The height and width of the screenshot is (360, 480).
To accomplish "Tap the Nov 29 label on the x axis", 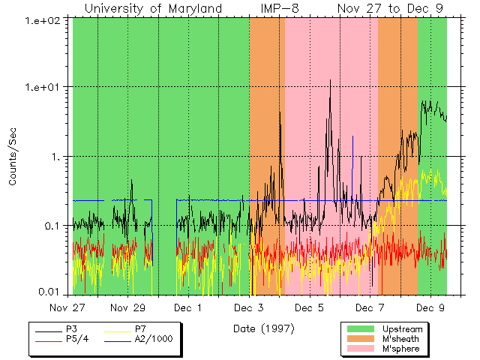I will click(128, 307).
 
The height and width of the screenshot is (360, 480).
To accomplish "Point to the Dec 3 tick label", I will click(248, 307).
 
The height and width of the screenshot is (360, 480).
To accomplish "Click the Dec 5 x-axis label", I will click(309, 307).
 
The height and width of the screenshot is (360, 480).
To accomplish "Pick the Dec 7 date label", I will click(370, 307).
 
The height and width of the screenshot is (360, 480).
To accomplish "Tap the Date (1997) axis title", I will click(263, 328).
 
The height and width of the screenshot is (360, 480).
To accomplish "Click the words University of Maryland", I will click(153, 8).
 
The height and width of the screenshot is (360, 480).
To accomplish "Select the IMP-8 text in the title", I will click(280, 8).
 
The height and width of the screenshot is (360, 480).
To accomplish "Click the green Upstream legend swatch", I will click(361, 329).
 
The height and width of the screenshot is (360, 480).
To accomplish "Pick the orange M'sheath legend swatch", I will click(361, 339).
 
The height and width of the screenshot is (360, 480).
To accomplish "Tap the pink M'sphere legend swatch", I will click(361, 349).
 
